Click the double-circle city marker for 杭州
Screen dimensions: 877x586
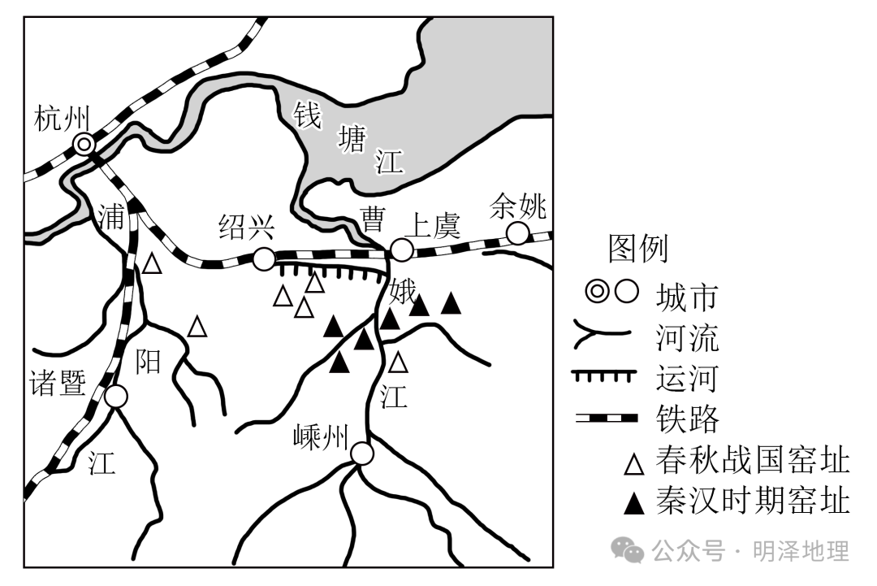click(84, 145)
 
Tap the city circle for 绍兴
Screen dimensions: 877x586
click(264, 259)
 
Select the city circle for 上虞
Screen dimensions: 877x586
click(401, 250)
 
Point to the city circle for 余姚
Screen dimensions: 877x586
click(517, 234)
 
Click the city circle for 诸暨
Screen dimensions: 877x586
click(116, 397)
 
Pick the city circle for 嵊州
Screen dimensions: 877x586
click(362, 454)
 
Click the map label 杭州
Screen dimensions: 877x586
click(62, 119)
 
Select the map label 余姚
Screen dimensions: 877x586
click(519, 207)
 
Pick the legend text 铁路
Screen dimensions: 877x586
click(688, 419)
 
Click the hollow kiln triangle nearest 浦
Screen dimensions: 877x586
click(152, 263)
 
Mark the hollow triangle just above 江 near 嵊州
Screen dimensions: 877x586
click(398, 361)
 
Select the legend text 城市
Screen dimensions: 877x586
click(688, 296)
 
